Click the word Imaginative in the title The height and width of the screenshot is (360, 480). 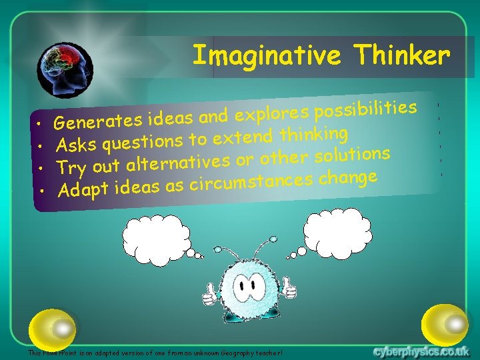click(266, 55)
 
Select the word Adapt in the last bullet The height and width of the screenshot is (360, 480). click(83, 190)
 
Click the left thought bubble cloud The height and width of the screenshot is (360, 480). click(156, 235)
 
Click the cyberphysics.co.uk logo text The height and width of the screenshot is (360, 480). click(421, 351)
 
